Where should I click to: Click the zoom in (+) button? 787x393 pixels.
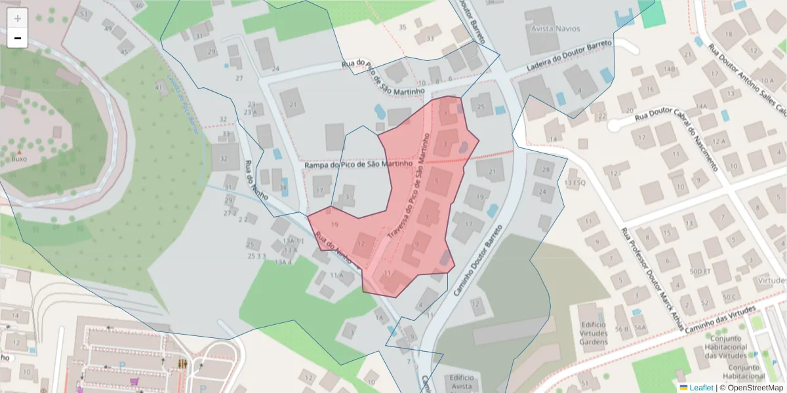click(x=18, y=18)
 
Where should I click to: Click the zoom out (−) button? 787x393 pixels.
click(x=18, y=39)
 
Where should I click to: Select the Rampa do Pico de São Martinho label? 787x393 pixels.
click(x=358, y=164)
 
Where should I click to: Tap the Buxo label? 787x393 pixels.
click(x=19, y=159)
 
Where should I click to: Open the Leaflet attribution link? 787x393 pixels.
click(x=701, y=388)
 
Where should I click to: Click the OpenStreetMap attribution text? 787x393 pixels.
click(x=754, y=388)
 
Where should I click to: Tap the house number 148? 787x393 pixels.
click(x=668, y=69)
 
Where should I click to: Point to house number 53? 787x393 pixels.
click(x=83, y=14)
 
